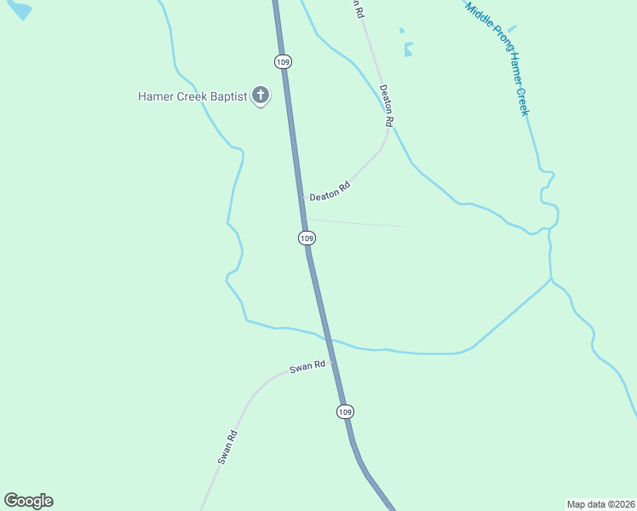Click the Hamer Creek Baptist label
click(x=192, y=96)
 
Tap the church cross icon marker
click(x=261, y=95)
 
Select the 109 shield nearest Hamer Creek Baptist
click(x=284, y=61)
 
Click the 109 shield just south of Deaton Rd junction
click(x=307, y=238)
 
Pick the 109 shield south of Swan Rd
click(x=344, y=411)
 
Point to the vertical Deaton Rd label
click(x=386, y=106)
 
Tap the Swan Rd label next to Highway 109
click(x=307, y=367)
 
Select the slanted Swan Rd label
click(x=227, y=446)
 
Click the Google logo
click(x=28, y=501)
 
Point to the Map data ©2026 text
click(x=600, y=503)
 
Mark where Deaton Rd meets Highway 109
click(x=301, y=198)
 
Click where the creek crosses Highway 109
click(x=328, y=339)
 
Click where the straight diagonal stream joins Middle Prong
click(x=551, y=278)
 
